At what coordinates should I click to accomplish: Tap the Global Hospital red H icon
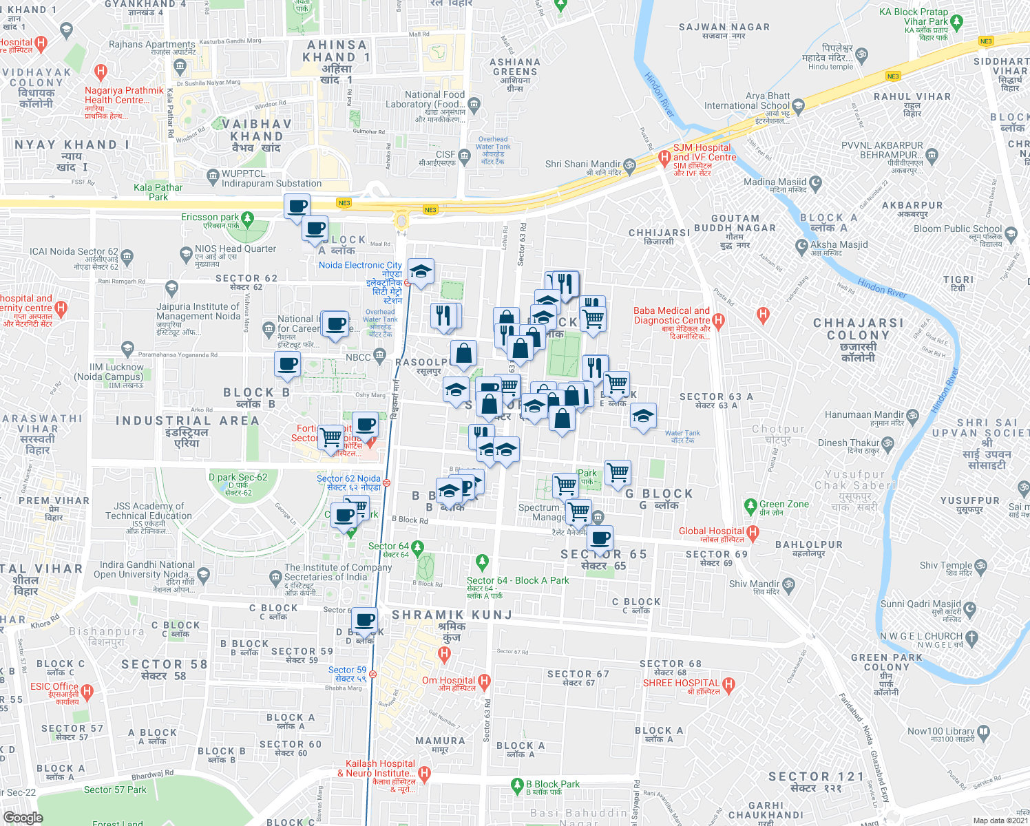click(x=753, y=531)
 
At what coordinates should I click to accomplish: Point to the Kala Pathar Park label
click(x=158, y=192)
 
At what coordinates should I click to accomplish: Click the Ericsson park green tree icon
click(x=247, y=219)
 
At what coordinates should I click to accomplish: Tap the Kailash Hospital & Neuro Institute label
click(x=380, y=769)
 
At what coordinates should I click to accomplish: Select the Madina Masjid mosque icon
click(x=816, y=182)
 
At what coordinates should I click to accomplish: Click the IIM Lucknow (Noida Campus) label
click(x=116, y=372)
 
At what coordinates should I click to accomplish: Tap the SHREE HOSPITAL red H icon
click(x=729, y=684)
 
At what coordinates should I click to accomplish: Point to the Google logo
click(x=23, y=818)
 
